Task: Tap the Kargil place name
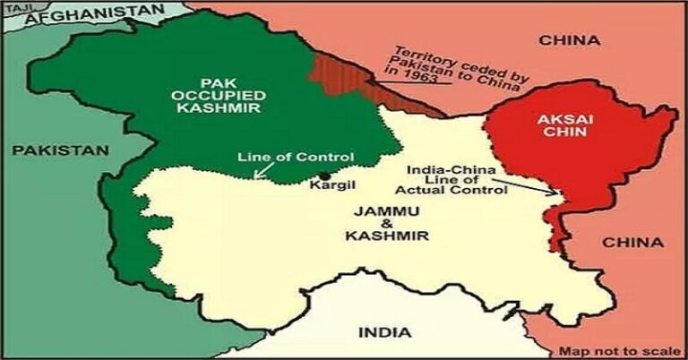(x=327, y=188)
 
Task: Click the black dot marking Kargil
(x=324, y=175)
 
